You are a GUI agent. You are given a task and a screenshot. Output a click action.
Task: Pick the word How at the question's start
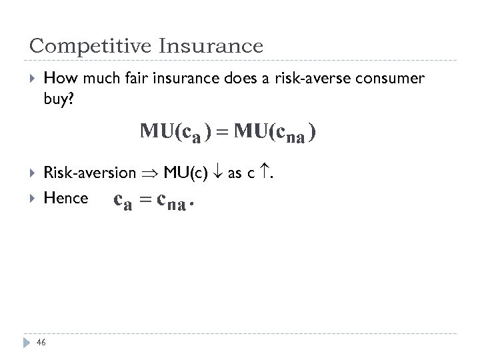57,79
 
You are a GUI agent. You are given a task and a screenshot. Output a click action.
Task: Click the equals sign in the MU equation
223,132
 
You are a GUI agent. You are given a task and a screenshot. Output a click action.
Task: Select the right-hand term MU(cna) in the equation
274,133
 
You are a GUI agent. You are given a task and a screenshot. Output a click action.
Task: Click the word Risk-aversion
89,173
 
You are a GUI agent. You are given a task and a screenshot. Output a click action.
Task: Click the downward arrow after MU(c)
216,173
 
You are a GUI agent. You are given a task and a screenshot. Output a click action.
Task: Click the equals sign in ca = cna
144,199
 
